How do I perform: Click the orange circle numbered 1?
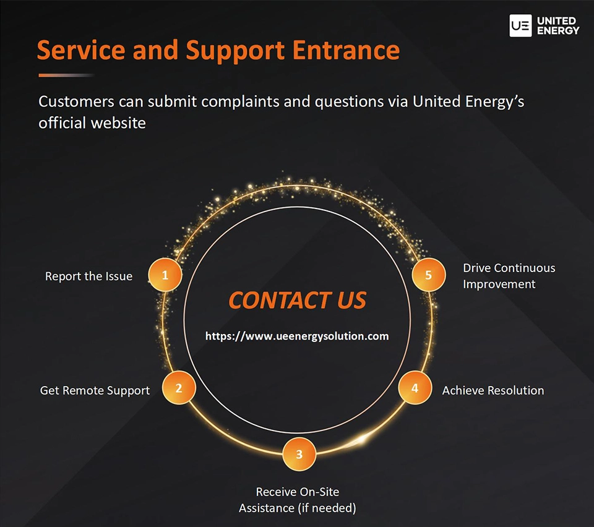[165, 275]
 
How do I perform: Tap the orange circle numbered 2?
[179, 388]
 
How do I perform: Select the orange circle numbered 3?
[299, 454]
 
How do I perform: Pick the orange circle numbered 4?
[415, 388]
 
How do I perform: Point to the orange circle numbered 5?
[428, 275]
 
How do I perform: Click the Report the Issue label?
[88, 276]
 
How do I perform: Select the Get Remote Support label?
[95, 391]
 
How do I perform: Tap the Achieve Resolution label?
[493, 391]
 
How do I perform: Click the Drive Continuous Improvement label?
[509, 276]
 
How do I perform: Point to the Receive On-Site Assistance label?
[298, 500]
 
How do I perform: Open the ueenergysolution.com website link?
[297, 336]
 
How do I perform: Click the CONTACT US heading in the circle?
[297, 301]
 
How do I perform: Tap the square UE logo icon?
[520, 26]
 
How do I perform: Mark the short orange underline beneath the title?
[66, 75]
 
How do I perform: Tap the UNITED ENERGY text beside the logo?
[558, 26]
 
